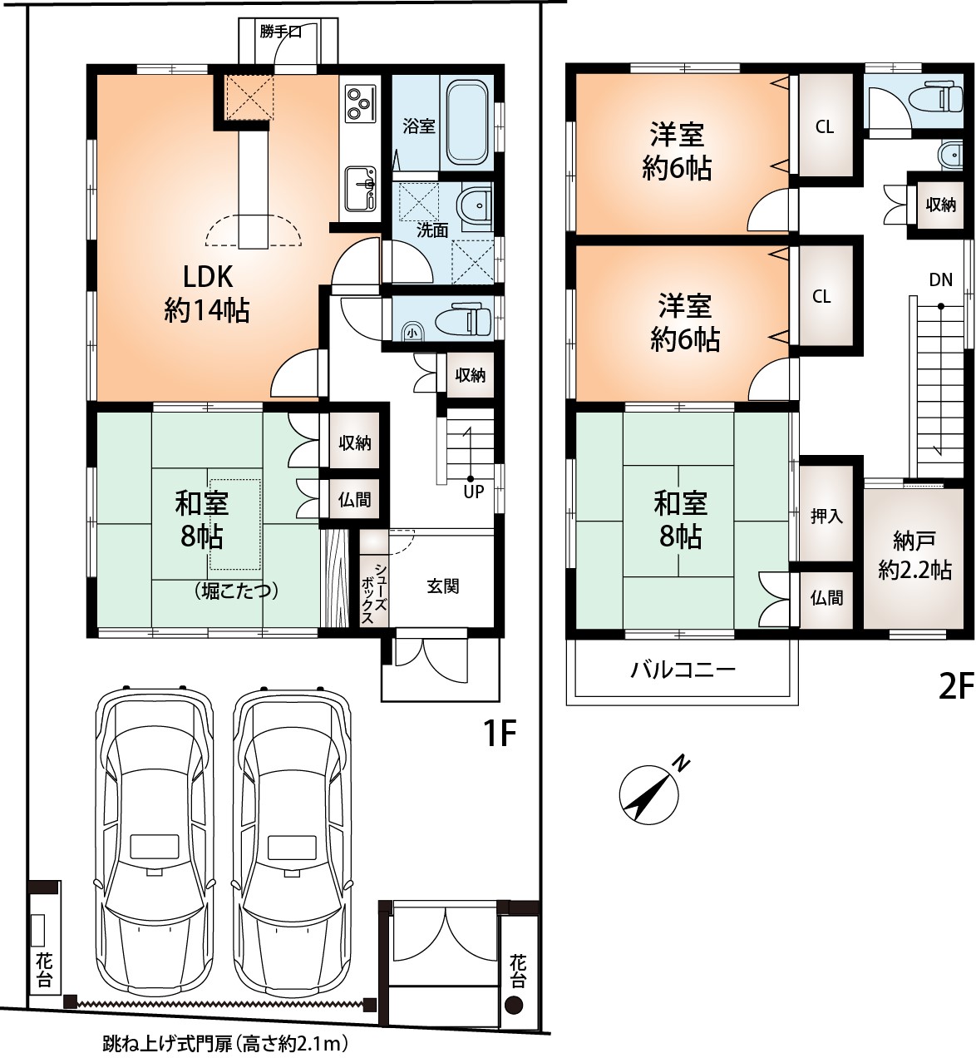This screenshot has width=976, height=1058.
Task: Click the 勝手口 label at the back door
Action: coord(280,32)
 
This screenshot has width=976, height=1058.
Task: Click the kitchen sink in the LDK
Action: coord(361,188)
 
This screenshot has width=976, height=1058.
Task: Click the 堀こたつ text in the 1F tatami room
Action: coord(236,591)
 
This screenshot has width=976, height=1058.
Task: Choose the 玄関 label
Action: coord(442,586)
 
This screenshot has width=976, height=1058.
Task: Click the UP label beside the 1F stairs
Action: coord(473,492)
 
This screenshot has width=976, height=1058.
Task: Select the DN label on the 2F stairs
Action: coord(940,279)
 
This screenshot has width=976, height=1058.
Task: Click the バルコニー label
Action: coord(683,669)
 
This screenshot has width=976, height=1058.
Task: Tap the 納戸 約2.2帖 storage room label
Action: coord(914,556)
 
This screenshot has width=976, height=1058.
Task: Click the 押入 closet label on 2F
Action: coord(826,516)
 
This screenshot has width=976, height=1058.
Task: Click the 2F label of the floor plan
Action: coord(955,686)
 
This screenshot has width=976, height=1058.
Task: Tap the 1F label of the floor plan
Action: coord(499,734)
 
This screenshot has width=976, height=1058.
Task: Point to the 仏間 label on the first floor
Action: coord(354,500)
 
